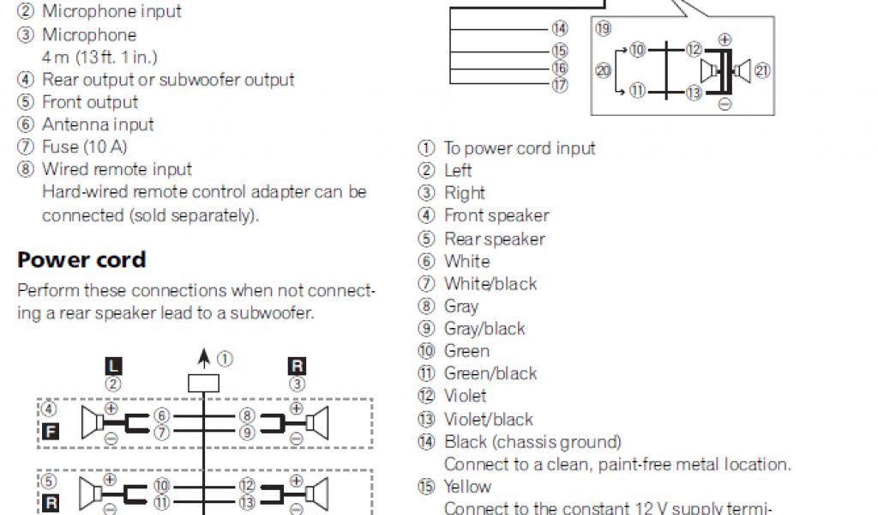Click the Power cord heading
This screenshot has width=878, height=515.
[x=81, y=260]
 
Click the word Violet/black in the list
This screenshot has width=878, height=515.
[x=488, y=419]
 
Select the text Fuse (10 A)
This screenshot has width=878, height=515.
[x=84, y=147]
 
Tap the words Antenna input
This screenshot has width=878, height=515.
[x=98, y=124]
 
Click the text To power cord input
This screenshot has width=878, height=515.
[x=519, y=148]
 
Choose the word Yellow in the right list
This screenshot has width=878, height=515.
[x=467, y=487]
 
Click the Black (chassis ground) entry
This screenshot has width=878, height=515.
[x=532, y=442]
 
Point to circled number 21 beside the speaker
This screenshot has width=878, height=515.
[x=761, y=71]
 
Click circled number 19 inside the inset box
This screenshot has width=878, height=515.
[x=603, y=29]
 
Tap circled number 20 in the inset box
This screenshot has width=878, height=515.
[x=603, y=70]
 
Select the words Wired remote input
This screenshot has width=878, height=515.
[x=117, y=169]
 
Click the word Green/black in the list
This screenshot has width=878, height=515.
[x=490, y=373]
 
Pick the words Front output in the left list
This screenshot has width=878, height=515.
[x=90, y=102]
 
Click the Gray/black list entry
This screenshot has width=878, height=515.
[x=484, y=329]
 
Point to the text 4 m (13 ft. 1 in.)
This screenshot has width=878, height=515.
[x=100, y=58]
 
